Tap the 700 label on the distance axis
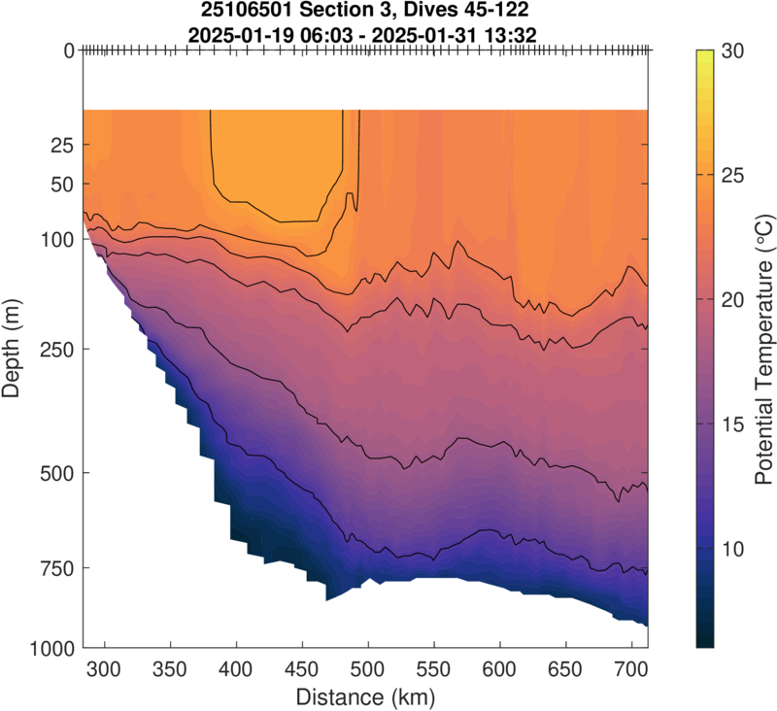pyautogui.click(x=632, y=669)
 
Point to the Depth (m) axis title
pyautogui.click(x=14, y=348)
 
